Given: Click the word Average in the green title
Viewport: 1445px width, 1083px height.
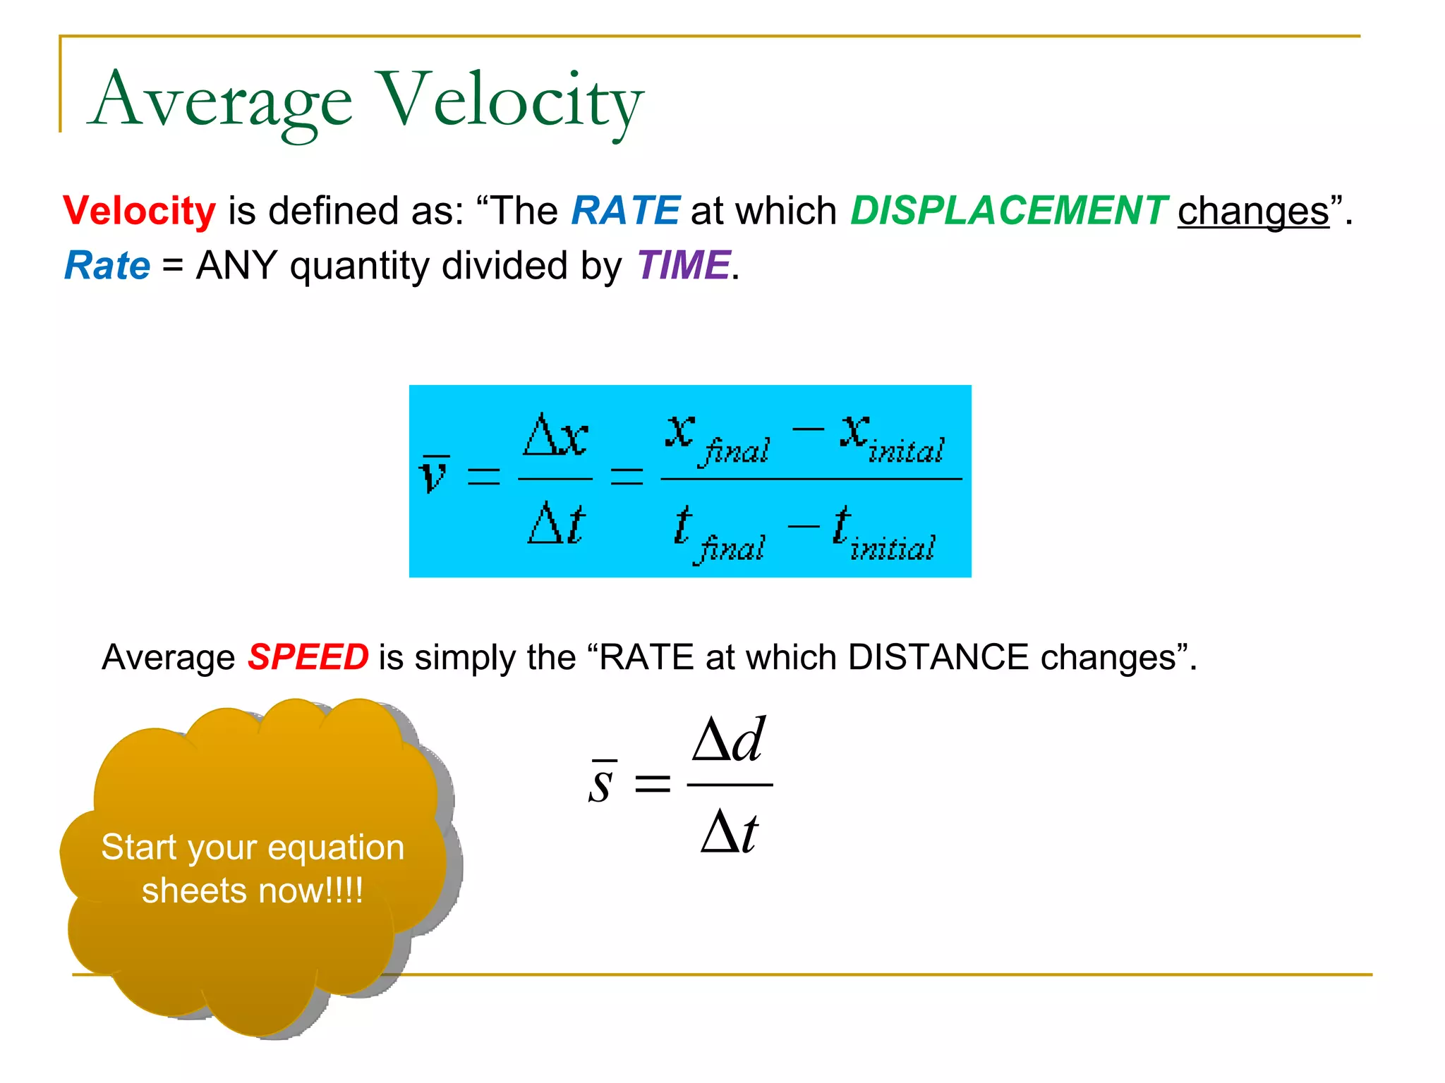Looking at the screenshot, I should (221, 101).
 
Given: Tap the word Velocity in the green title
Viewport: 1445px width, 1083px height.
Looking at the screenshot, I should (510, 101).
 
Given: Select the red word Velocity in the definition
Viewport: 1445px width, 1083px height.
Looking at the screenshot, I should (140, 211).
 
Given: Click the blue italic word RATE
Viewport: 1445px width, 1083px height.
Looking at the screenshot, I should (625, 211).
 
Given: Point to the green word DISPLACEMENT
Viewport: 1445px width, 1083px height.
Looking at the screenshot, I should (1009, 211).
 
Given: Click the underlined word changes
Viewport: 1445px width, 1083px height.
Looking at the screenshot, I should (1253, 211).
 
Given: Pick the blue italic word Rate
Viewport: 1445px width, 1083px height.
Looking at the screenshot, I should (107, 266).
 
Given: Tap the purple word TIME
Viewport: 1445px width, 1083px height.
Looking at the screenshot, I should (683, 266).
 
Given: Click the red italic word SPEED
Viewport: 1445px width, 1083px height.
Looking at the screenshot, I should (308, 657).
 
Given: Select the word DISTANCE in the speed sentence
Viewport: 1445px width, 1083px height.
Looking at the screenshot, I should (938, 657).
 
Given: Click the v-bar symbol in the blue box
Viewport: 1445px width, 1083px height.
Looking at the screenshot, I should (434, 474).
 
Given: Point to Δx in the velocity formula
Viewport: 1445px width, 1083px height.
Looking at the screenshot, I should (555, 435).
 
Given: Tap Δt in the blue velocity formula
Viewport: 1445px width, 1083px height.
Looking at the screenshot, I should (557, 523).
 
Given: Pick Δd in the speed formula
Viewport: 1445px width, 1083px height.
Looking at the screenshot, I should (729, 740).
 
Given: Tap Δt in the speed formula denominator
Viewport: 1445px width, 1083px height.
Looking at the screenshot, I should (730, 832).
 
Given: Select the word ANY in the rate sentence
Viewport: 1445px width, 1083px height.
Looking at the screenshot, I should (236, 266).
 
